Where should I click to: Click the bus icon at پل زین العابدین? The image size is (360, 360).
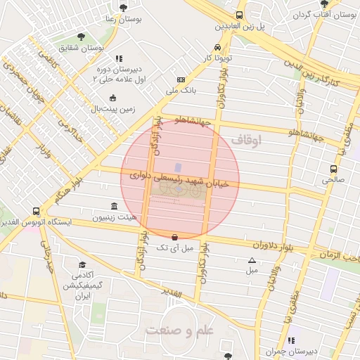pyautogui.click(x=240, y=15)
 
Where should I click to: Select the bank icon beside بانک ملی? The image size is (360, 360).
pyautogui.click(x=181, y=79)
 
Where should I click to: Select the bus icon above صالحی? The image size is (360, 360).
pyautogui.click(x=334, y=169)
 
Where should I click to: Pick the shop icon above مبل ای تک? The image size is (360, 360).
pyautogui.click(x=174, y=236)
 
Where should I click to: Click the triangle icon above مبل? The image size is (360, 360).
pyautogui.click(x=252, y=260)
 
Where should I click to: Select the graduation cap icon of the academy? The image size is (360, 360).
pyautogui.click(x=83, y=265)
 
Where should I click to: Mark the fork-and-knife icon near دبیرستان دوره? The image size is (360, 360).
pyautogui.click(x=119, y=59)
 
